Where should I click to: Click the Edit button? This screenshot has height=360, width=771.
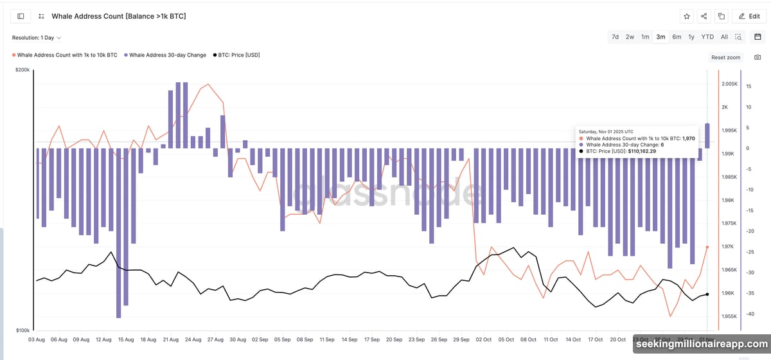pyautogui.click(x=749, y=16)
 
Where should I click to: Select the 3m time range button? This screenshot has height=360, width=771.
pyautogui.click(x=660, y=37)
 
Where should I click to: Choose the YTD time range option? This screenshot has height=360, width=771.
pyautogui.click(x=707, y=37)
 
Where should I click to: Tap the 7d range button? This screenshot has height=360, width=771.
pyautogui.click(x=615, y=37)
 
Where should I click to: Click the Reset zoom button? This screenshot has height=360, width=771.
pyautogui.click(x=725, y=57)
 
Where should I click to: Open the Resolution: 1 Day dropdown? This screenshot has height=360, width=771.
pyautogui.click(x=37, y=38)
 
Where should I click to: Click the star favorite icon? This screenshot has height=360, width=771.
pyautogui.click(x=687, y=16)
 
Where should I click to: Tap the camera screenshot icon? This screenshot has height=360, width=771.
pyautogui.click(x=757, y=57)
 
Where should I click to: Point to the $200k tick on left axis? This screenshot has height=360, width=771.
pyautogui.click(x=22, y=69)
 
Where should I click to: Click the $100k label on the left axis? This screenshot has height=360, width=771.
pyautogui.click(x=22, y=330)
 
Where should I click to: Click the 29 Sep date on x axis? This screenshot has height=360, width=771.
pyautogui.click(x=461, y=339)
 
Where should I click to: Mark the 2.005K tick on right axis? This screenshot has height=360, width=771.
pyautogui.click(x=729, y=84)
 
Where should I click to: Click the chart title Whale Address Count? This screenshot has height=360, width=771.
pyautogui.click(x=120, y=16)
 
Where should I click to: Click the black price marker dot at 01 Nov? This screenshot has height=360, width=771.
pyautogui.click(x=707, y=294)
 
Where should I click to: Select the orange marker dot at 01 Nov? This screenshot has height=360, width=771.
pyautogui.click(x=707, y=247)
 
